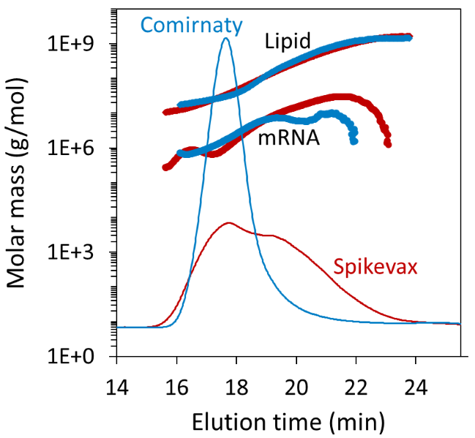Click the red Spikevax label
[x=375, y=267]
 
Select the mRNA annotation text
[x=288, y=137]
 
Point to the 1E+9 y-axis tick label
[x=78, y=45]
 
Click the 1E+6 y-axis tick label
[x=78, y=148]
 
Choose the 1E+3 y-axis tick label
[x=78, y=253]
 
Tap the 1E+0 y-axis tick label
[x=78, y=357]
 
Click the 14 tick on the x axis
[x=116, y=383]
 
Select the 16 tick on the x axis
[x=176, y=383]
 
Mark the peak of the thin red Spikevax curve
[x=229, y=222]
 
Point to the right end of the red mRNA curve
[x=388, y=144]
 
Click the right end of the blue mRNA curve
[x=354, y=141]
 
